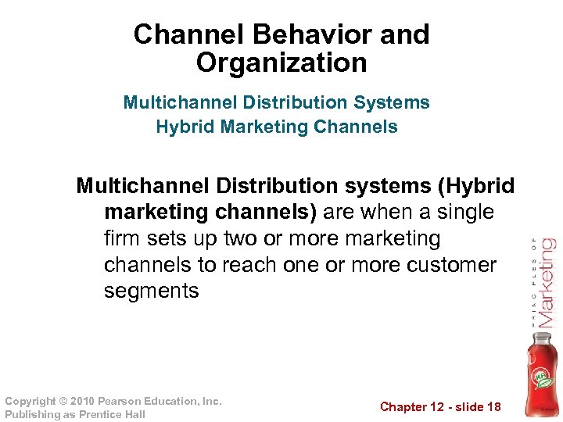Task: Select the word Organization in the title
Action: (281, 63)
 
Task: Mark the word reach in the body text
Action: (249, 265)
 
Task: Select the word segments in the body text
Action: (152, 291)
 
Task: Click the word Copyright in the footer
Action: (30, 401)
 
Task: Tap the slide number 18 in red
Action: (493, 407)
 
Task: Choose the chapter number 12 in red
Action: (439, 407)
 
